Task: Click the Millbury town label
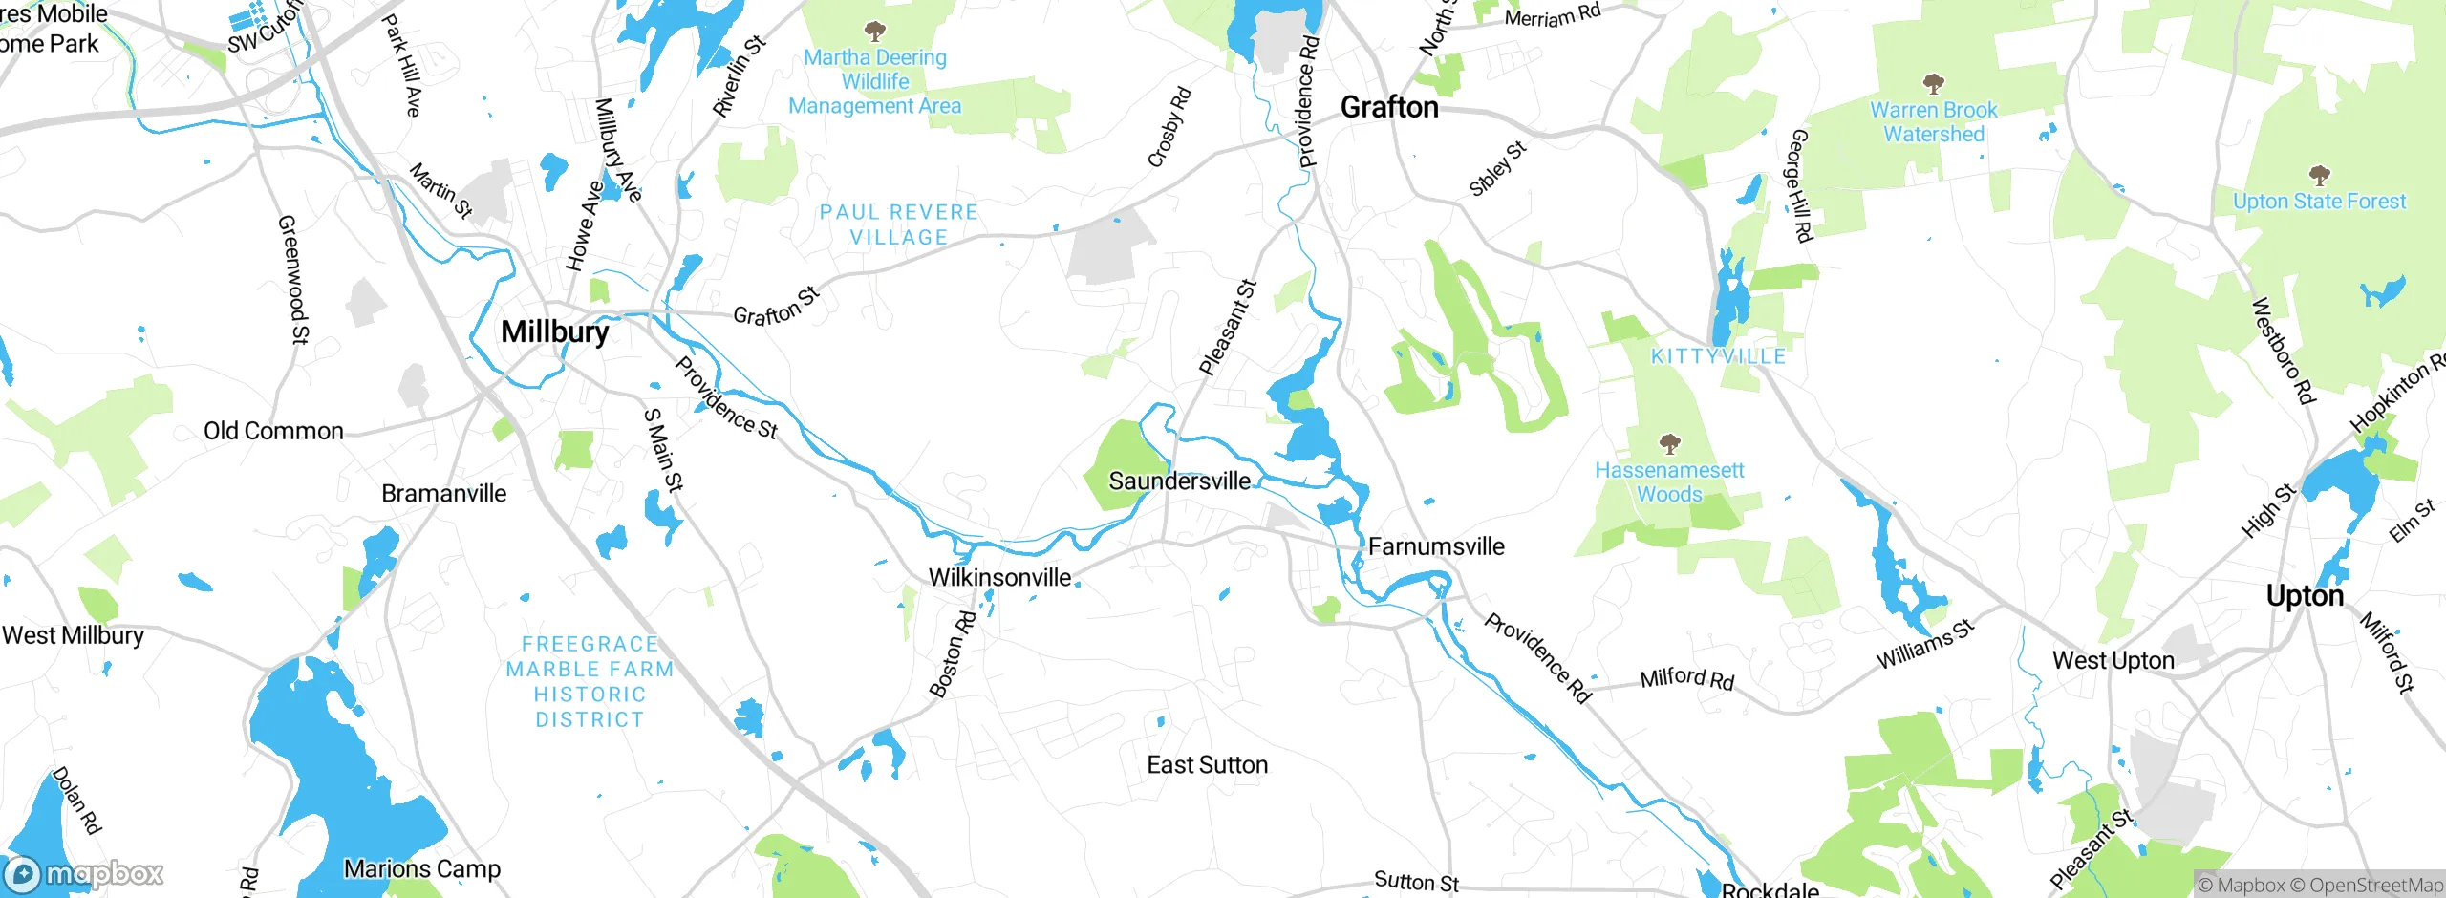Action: point(554,331)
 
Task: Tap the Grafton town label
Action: point(1389,107)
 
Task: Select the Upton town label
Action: point(2305,596)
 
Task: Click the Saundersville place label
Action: point(1179,481)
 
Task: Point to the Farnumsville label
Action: point(1436,546)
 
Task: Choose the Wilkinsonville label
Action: point(999,577)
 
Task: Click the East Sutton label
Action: point(1207,765)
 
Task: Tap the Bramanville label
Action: point(443,494)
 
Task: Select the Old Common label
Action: point(273,431)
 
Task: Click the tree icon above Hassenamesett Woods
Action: point(1669,443)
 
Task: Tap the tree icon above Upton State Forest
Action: point(2319,175)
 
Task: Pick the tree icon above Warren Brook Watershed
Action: point(1933,83)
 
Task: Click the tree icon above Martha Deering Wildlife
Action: point(874,32)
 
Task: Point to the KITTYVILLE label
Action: point(1718,356)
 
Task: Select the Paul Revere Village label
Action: point(898,224)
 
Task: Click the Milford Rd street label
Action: point(1686,678)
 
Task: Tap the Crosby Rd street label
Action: point(1169,127)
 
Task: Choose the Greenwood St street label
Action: point(293,278)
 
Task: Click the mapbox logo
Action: point(84,874)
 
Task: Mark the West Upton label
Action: point(2113,660)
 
